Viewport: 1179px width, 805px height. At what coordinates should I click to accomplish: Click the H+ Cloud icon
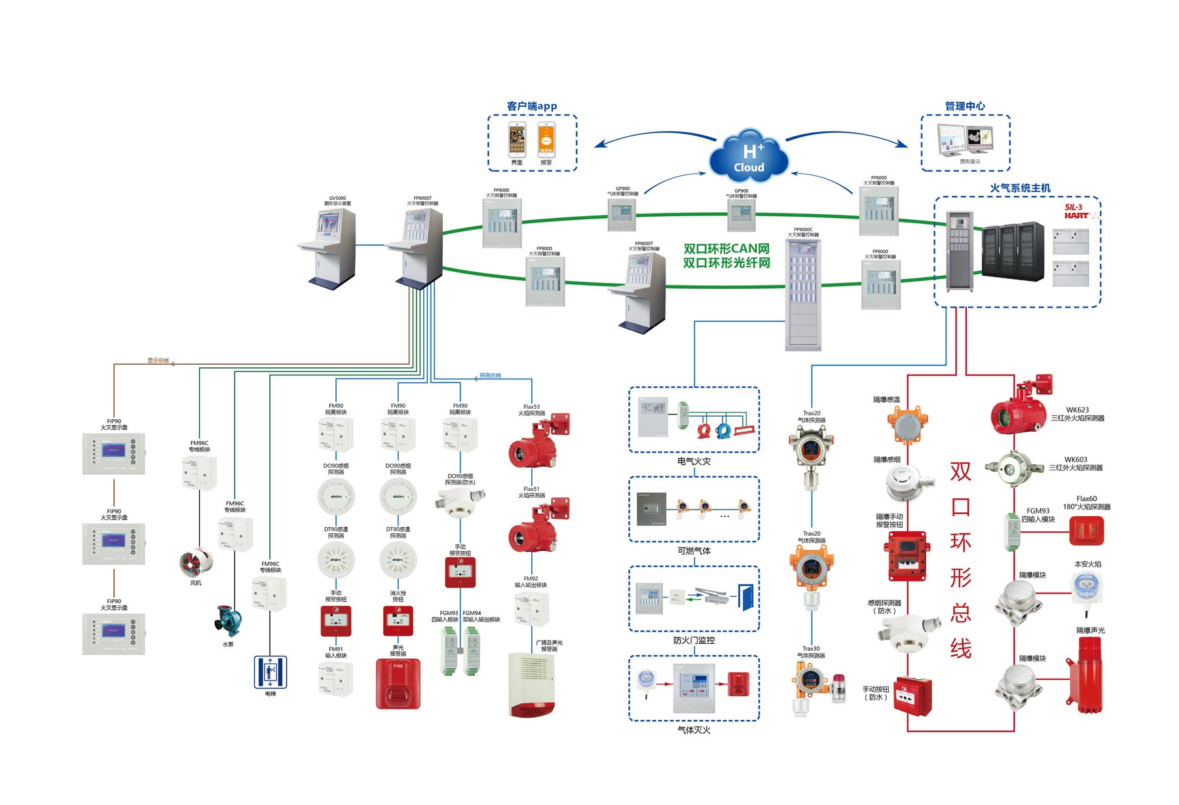[x=749, y=158]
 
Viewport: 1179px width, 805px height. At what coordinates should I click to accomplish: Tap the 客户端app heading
[x=532, y=106]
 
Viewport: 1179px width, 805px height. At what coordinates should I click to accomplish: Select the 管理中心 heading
[x=965, y=106]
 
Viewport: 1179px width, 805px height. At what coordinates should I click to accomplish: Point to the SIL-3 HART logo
[x=1077, y=212]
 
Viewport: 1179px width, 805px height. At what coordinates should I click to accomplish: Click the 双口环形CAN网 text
[x=726, y=249]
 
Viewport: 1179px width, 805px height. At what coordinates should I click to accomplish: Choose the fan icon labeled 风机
[x=195, y=563]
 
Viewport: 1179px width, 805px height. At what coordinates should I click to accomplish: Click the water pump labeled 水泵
[x=229, y=621]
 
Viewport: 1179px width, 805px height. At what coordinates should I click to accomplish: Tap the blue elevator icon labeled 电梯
[x=271, y=672]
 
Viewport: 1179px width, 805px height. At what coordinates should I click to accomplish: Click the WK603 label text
[x=1076, y=460]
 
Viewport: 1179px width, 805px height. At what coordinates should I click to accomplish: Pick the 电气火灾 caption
[x=694, y=461]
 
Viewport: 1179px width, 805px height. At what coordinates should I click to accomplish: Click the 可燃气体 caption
[x=694, y=551]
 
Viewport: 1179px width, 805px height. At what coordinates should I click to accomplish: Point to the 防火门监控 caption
[x=694, y=640]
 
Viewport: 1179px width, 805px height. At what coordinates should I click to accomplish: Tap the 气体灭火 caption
[x=694, y=730]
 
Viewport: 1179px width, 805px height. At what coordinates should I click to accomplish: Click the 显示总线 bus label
[x=158, y=360]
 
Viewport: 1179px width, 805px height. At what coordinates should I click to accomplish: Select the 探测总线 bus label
[x=490, y=375]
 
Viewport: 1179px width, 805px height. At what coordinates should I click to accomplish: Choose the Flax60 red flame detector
[x=1086, y=531]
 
